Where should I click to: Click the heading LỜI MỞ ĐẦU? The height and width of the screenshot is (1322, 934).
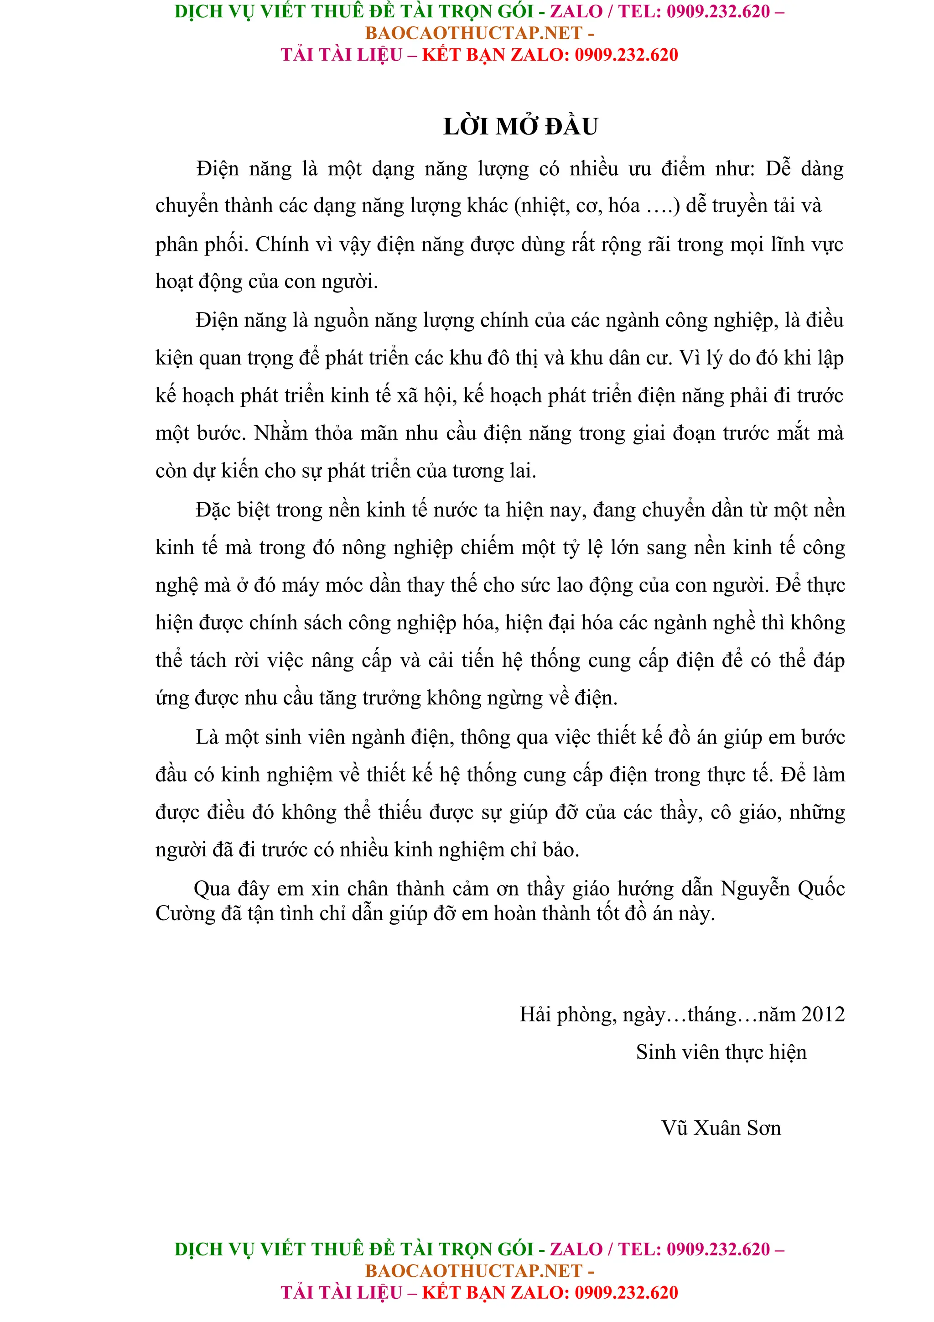pos(520,127)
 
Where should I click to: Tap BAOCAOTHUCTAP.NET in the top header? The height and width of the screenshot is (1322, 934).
pos(474,33)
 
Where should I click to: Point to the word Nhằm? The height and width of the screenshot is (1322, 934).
pos(281,433)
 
